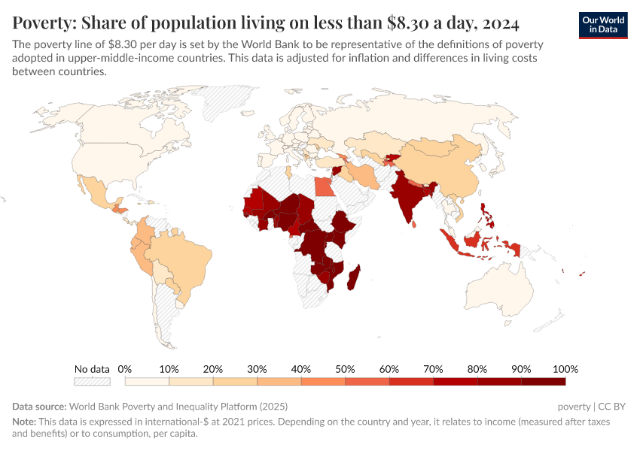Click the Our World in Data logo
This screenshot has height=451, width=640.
coord(602,24)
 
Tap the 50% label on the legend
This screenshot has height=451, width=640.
coord(345,369)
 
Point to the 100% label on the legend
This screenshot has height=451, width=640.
coord(565,369)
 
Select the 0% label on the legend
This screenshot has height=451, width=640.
coord(125,369)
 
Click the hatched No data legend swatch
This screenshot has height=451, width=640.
coord(92,382)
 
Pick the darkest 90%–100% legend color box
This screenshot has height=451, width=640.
coord(543,382)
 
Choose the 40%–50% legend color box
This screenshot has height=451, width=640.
coord(322,382)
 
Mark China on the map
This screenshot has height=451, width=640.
coord(444,165)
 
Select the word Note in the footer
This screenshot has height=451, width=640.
coord(24,422)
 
